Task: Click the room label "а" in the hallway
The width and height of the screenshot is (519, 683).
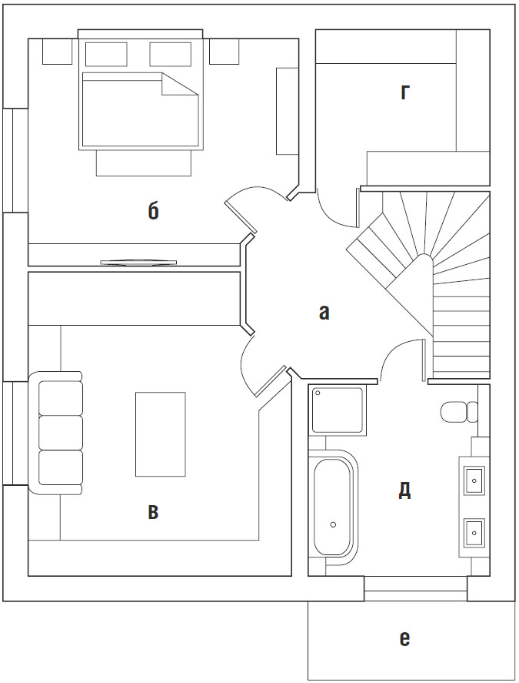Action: coord(324,313)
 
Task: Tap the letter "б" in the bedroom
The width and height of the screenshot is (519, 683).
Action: coord(153,211)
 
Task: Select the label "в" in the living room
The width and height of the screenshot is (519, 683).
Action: coord(153,512)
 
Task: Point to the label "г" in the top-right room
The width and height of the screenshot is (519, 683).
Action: coord(405,92)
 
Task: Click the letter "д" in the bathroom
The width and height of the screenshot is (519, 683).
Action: coord(404,491)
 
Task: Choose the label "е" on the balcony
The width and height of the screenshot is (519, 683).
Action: coord(404,638)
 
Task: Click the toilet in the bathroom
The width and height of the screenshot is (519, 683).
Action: coord(459,412)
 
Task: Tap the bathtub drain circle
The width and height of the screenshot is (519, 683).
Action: coord(333,524)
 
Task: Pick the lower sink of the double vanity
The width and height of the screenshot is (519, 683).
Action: coord(474,532)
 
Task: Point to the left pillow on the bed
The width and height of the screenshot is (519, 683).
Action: coord(106,54)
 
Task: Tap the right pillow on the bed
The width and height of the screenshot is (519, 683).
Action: coord(170,54)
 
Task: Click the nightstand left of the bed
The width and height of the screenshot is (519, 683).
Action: coord(57,52)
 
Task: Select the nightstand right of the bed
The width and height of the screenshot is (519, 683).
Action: coord(224,52)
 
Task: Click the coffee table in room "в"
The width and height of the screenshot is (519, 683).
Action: coord(161,434)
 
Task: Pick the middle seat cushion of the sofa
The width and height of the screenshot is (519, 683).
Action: coord(61,433)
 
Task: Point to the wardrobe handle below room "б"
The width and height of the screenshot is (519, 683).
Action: coord(138,262)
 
